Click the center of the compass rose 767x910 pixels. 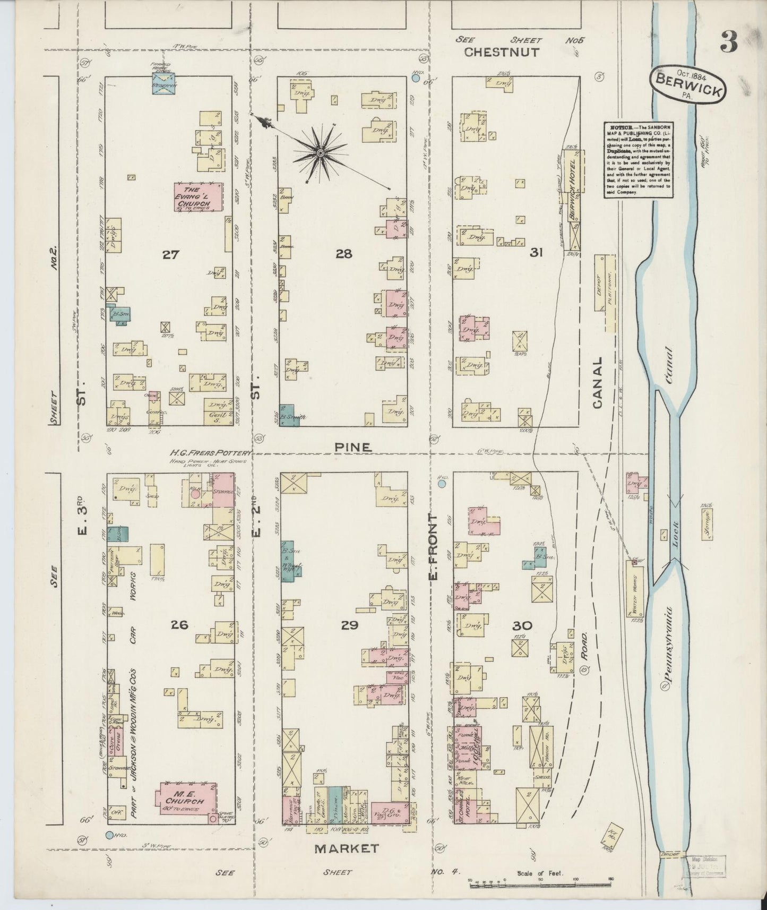pos(320,153)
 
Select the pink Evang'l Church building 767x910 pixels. pos(199,197)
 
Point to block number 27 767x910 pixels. pos(170,254)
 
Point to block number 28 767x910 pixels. pos(343,254)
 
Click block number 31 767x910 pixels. pos(536,253)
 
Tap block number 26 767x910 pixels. pos(180,625)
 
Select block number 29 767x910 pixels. pos(350,625)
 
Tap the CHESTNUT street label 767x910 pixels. pos(501,52)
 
